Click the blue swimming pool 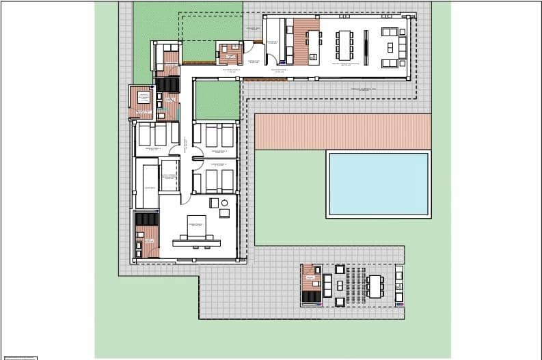point(379,184)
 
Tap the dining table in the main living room point(343,46)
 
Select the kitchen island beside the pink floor point(314,46)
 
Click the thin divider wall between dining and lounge point(366,46)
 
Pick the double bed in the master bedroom point(195,226)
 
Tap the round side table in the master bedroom point(213,202)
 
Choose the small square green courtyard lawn point(217,100)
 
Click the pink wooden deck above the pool point(342,131)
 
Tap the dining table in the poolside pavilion point(375,286)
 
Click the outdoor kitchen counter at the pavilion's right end point(399,285)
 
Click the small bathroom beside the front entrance point(229,53)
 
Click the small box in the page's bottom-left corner point(18,357)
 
